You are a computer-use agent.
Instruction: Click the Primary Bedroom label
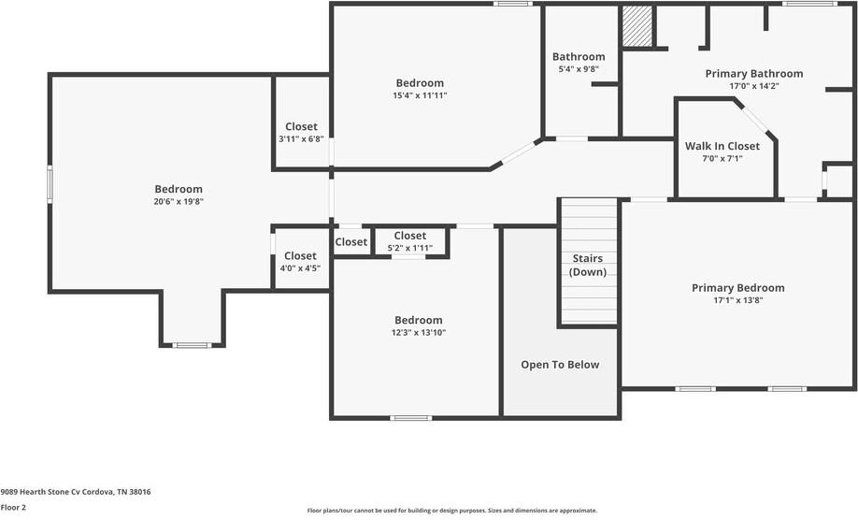tap(737, 288)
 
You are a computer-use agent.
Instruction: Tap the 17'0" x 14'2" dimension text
tap(753, 86)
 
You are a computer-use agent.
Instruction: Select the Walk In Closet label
tap(722, 146)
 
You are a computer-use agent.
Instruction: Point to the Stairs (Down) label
tap(588, 265)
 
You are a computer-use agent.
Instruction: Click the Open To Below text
tap(560, 365)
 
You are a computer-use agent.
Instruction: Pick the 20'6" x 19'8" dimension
tap(179, 201)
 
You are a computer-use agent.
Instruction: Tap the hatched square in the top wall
tap(636, 25)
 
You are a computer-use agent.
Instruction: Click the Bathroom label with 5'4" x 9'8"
tap(579, 57)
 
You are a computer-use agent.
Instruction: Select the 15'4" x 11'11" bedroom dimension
tap(420, 95)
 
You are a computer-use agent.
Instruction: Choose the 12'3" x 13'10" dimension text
tap(418, 332)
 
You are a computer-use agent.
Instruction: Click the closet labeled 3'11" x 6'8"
tap(301, 127)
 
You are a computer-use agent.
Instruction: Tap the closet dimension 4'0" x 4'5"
tap(300, 268)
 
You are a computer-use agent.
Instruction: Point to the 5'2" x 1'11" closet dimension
tap(409, 248)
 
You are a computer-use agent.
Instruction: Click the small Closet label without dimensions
tap(351, 242)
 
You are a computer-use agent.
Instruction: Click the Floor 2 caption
tap(13, 507)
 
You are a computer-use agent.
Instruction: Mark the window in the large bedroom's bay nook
tap(193, 345)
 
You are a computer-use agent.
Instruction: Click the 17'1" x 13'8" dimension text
tap(737, 300)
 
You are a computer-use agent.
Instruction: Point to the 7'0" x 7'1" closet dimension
tap(722, 158)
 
